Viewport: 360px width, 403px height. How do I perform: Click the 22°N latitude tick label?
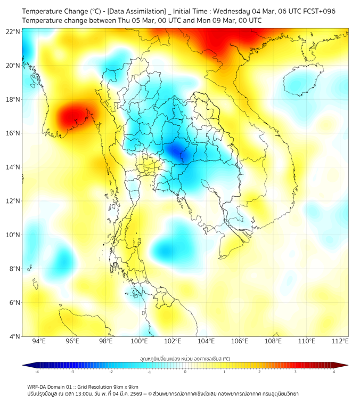click(13, 31)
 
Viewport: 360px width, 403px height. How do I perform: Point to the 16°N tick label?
click(13, 133)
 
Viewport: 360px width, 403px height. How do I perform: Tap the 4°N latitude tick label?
click(14, 336)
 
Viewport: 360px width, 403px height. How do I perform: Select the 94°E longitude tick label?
click(39, 341)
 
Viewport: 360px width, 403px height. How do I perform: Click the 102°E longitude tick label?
click(173, 341)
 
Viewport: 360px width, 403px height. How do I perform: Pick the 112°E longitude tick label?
click(340, 341)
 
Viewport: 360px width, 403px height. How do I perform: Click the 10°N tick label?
click(13, 235)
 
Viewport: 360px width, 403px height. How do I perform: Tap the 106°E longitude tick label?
click(240, 341)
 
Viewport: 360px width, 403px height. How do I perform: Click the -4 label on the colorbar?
click(36, 372)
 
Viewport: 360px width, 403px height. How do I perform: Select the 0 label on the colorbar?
click(185, 372)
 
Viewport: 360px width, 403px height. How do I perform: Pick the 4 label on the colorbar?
click(334, 372)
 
